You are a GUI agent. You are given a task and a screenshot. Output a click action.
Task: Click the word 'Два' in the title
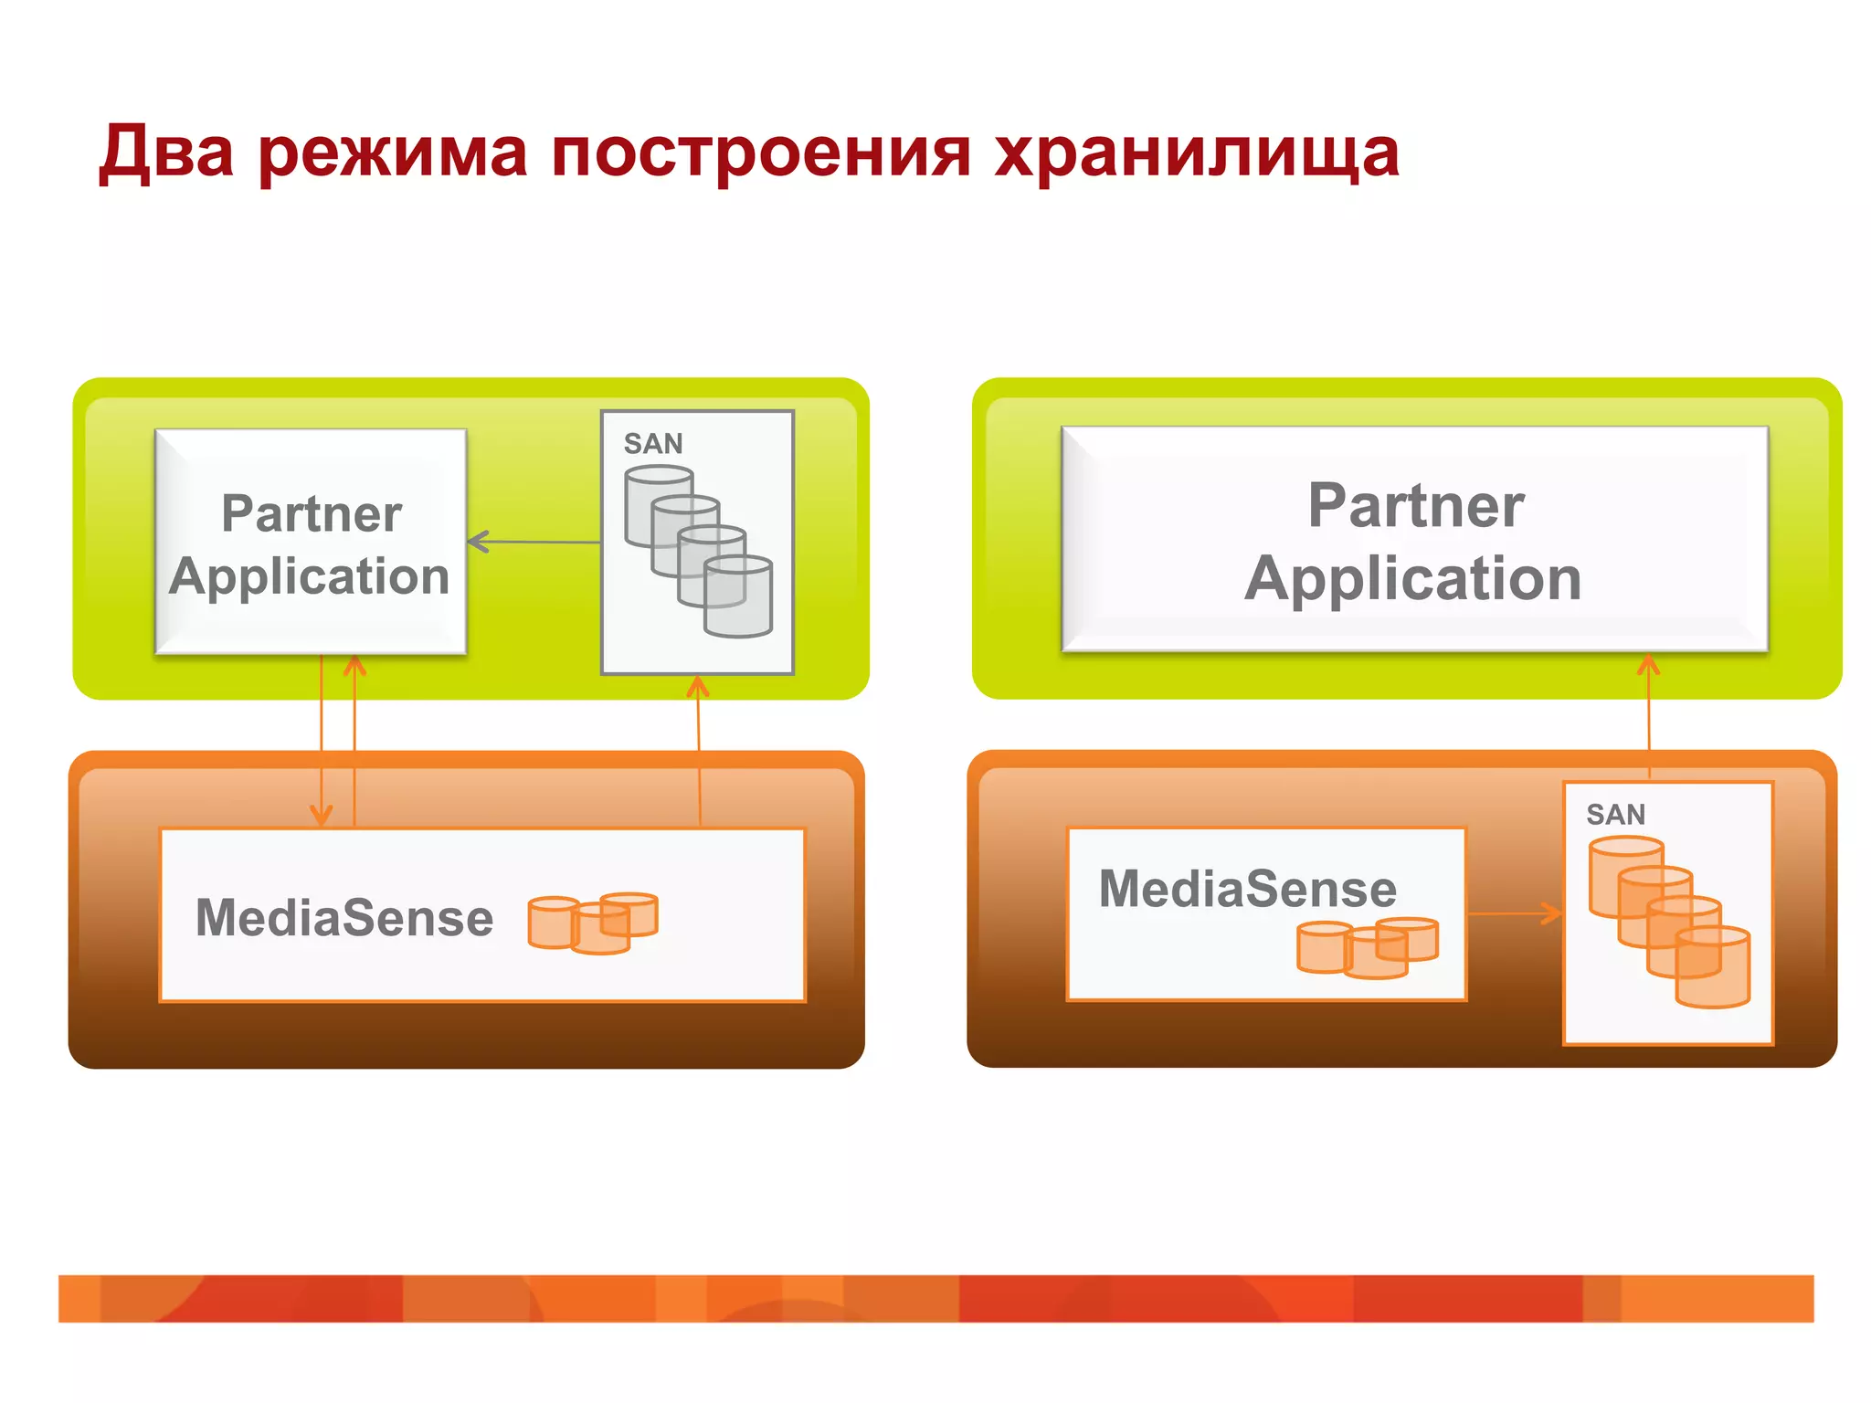(166, 152)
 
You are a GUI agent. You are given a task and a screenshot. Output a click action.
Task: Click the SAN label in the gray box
(652, 444)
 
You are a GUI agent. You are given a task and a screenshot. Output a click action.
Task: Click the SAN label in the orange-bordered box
(1615, 815)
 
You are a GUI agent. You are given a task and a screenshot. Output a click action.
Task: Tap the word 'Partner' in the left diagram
(312, 513)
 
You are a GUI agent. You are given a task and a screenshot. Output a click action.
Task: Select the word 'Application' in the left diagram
(310, 577)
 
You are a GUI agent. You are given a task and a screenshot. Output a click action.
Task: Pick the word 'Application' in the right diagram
(1412, 579)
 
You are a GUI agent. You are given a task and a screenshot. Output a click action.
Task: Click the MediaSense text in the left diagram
(344, 918)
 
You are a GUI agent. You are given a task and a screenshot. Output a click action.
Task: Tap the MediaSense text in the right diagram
(1247, 889)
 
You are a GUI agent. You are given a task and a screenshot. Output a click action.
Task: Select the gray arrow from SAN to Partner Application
(534, 542)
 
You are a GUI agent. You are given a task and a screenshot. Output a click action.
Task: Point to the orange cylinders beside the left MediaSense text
(592, 923)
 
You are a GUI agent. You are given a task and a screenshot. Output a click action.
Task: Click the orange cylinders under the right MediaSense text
(1368, 948)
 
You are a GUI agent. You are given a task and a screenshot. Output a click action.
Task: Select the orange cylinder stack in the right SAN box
(1670, 922)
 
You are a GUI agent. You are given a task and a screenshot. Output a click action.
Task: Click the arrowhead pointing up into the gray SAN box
(698, 685)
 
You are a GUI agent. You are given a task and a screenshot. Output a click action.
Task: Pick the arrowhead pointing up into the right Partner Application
(1648, 664)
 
